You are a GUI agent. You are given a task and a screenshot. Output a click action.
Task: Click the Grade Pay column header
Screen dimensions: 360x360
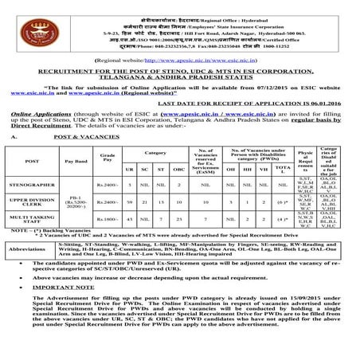coord(109,160)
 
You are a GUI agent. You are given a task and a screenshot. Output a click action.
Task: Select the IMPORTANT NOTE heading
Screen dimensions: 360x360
coord(70,307)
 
